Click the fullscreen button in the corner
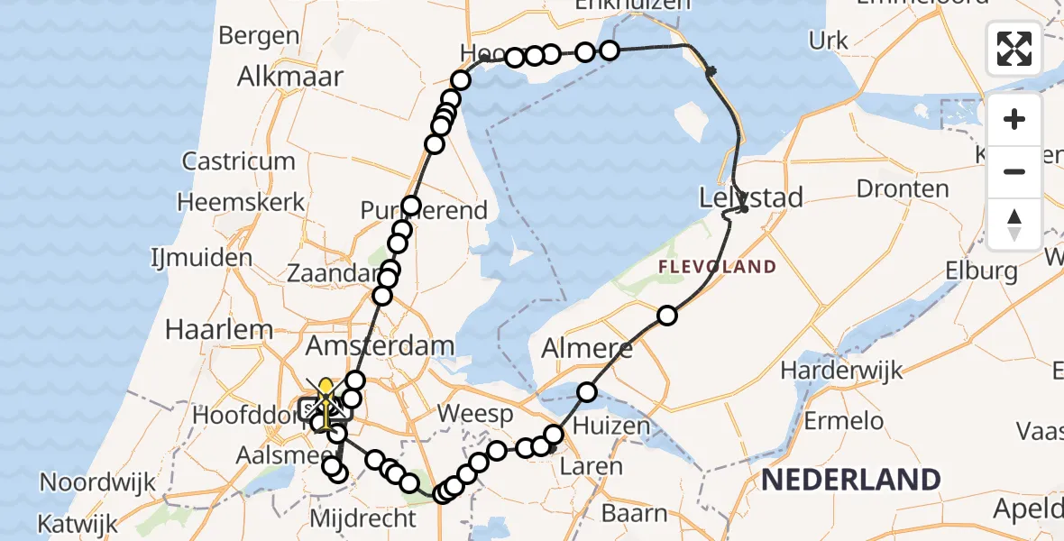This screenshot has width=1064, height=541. click(1014, 49)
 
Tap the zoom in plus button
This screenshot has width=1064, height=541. click(1014, 119)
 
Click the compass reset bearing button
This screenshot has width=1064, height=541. click(1014, 224)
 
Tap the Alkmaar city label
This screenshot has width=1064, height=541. click(289, 77)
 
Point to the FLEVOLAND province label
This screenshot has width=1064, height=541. click(717, 267)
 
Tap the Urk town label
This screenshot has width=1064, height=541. click(828, 41)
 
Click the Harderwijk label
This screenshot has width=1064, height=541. click(841, 371)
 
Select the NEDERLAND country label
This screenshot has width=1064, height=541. click(850, 480)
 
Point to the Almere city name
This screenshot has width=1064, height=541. click(588, 349)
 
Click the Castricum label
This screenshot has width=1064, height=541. click(239, 161)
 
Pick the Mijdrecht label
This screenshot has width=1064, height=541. click(362, 518)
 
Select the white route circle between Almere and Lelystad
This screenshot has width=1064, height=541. click(666, 315)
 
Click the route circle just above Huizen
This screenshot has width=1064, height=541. click(587, 391)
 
